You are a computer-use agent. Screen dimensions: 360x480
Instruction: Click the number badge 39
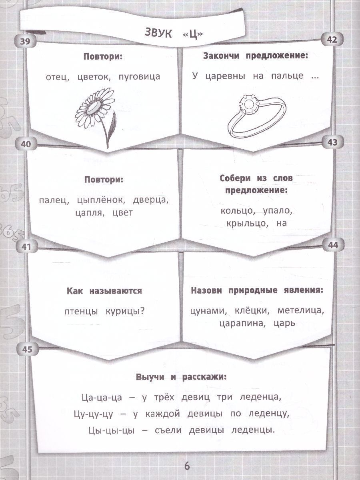25,41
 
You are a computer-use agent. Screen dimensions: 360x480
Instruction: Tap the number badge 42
332,40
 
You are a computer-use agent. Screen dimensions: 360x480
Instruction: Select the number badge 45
27,350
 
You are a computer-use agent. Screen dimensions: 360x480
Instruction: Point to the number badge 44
333,245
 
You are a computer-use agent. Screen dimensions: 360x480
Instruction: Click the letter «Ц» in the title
192,35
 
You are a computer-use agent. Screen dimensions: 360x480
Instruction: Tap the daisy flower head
95,107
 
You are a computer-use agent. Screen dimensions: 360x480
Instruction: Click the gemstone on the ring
248,104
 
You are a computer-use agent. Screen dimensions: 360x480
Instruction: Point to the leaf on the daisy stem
112,124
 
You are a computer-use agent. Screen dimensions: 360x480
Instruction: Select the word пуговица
140,77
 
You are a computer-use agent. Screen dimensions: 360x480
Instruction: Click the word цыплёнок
101,200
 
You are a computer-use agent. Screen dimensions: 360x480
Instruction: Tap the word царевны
225,76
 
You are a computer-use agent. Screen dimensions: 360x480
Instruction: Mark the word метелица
300,311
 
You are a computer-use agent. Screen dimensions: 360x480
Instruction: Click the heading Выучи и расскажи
181,378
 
